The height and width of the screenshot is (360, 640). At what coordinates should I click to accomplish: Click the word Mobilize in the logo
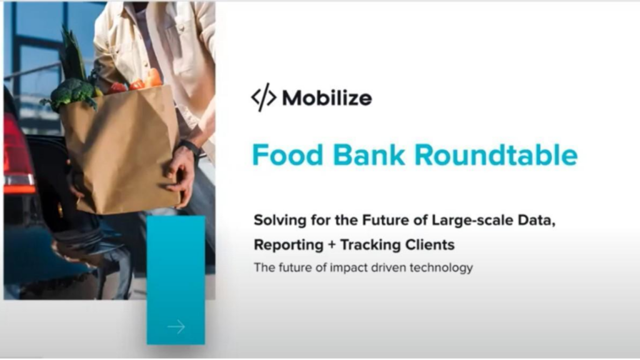coord(327,98)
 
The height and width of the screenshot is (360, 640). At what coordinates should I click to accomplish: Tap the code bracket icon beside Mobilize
coord(264,97)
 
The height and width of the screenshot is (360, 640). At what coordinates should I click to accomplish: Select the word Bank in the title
coord(369,155)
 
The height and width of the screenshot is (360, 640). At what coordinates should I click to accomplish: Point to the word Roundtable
coord(496,155)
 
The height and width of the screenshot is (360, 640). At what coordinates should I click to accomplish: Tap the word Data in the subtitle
coord(536,221)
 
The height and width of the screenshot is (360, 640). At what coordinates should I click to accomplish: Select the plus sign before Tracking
coord(331,245)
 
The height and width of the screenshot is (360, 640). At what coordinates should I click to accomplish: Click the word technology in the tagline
coord(441,267)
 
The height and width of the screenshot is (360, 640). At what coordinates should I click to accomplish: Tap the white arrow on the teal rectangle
coord(176,326)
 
